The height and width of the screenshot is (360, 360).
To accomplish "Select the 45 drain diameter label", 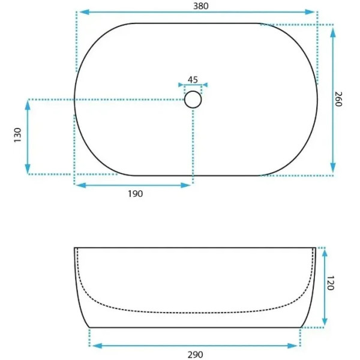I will (193, 79).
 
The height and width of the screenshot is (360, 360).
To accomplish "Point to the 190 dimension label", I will (134, 194).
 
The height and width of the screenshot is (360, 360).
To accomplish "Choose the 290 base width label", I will (195, 354).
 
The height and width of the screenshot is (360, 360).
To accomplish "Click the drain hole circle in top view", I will (193, 99).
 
